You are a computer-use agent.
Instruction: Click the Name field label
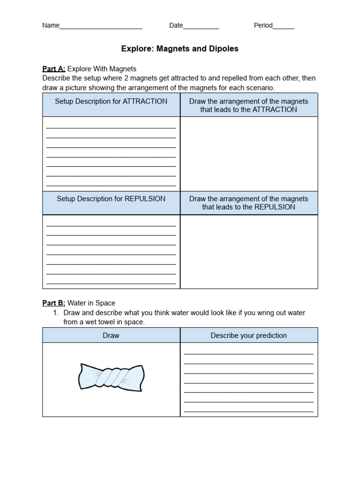tap(51, 26)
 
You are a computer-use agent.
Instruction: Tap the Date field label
tap(176, 26)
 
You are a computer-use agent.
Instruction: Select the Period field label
tap(263, 26)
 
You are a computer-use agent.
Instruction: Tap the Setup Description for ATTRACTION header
tap(111, 101)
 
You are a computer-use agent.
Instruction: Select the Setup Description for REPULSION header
tap(111, 199)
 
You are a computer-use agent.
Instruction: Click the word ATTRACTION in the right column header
tap(275, 110)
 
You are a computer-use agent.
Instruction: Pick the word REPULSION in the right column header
tap(275, 207)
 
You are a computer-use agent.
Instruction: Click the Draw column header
tap(111, 336)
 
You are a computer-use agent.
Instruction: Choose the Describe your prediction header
tap(248, 336)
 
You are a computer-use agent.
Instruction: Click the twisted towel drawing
tap(111, 376)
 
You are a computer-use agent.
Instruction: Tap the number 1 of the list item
tap(56, 313)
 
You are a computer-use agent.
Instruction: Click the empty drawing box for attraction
tap(249, 154)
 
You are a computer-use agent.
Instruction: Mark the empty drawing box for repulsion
tap(249, 252)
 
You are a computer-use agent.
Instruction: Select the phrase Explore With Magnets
tap(102, 69)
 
